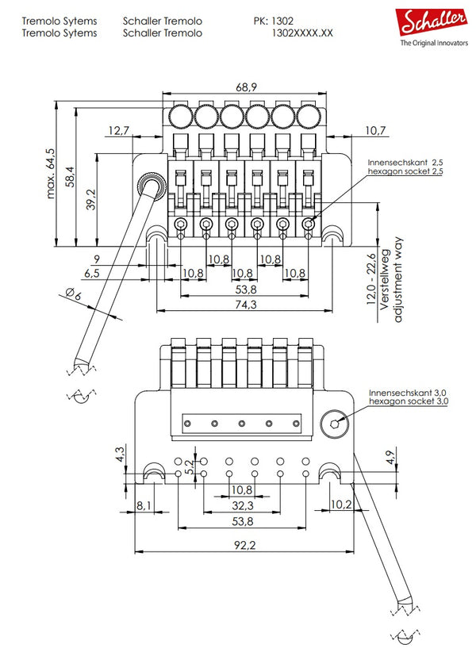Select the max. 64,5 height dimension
52,172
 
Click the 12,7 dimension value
119,130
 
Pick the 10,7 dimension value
376,130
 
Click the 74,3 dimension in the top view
244,305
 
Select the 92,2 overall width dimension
244,545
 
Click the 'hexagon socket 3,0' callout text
409,402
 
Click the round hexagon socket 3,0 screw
335,424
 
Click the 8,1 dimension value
144,504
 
